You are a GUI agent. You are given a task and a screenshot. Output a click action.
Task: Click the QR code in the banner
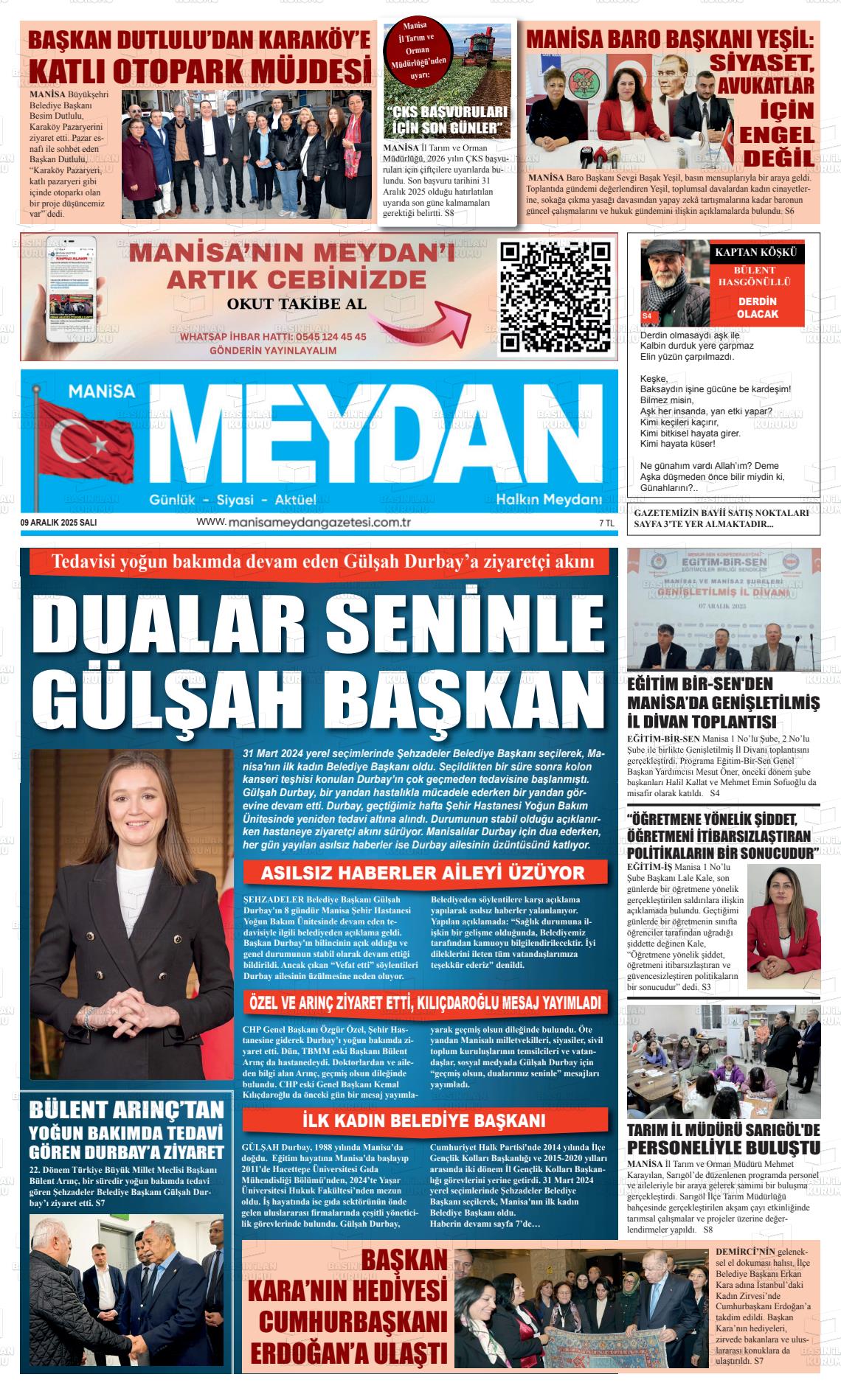556,296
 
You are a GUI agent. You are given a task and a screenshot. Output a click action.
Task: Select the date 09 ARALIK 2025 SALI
59,523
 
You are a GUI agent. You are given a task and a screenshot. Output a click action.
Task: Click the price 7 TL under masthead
606,523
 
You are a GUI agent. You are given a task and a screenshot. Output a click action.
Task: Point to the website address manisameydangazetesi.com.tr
303,522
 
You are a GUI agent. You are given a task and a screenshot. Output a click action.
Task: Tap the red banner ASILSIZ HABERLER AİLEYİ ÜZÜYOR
423,874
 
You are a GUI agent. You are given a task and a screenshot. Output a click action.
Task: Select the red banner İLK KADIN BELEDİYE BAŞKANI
423,1121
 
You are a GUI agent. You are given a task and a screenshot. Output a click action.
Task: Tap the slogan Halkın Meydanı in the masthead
549,500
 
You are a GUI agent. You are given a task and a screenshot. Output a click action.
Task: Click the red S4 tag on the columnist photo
647,316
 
